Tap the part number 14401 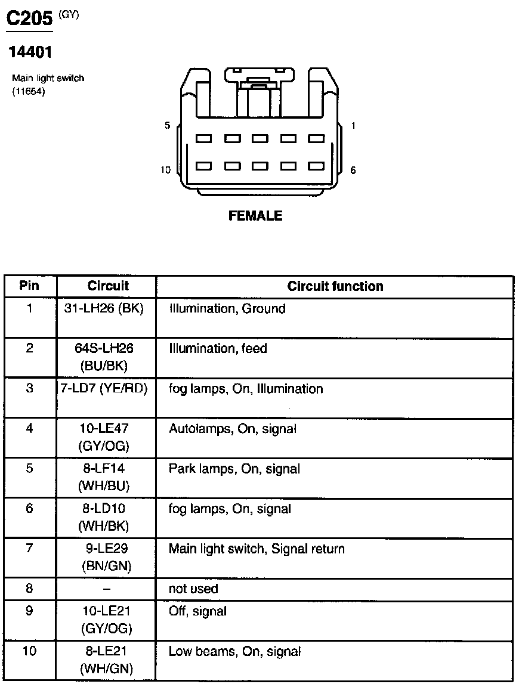coord(30,52)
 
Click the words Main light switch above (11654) coord(48,78)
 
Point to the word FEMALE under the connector coord(255,216)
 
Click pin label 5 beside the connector coord(168,126)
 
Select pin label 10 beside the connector coord(165,170)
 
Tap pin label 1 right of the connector coord(353,126)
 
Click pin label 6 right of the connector coord(353,170)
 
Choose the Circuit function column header coord(335,286)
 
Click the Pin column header coord(29,286)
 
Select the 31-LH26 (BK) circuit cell coord(108,309)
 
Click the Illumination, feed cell coord(218,348)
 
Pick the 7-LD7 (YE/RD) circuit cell coord(107,389)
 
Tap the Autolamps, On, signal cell coord(233,429)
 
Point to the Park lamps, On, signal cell coord(234,469)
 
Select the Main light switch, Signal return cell coord(257,549)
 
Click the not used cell coord(193,589)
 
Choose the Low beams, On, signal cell coord(234,651)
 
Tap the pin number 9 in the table coord(29,611)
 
